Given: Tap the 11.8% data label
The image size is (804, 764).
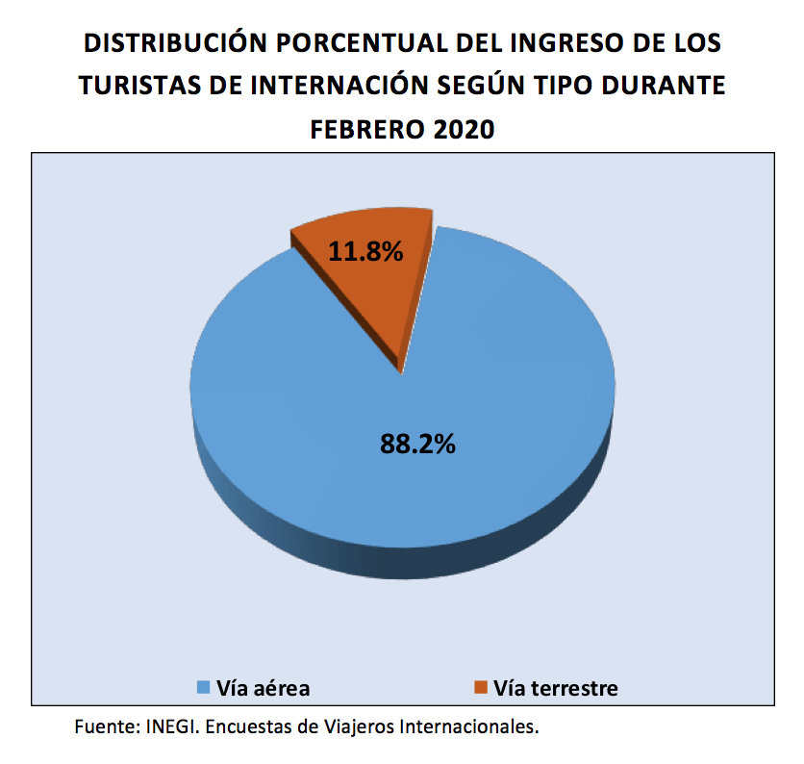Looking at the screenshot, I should pyautogui.click(x=365, y=251).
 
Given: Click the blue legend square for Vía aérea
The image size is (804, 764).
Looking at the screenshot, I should pyautogui.click(x=202, y=687).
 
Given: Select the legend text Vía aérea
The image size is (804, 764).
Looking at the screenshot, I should pyautogui.click(x=263, y=687).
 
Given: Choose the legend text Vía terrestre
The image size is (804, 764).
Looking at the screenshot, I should pyautogui.click(x=555, y=687).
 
